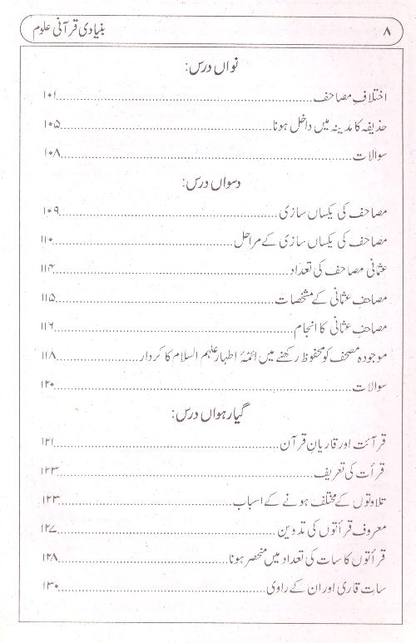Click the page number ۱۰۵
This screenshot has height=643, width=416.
tap(51, 126)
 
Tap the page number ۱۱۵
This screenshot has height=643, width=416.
tap(51, 298)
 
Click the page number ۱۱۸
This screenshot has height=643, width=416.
tap(51, 355)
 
